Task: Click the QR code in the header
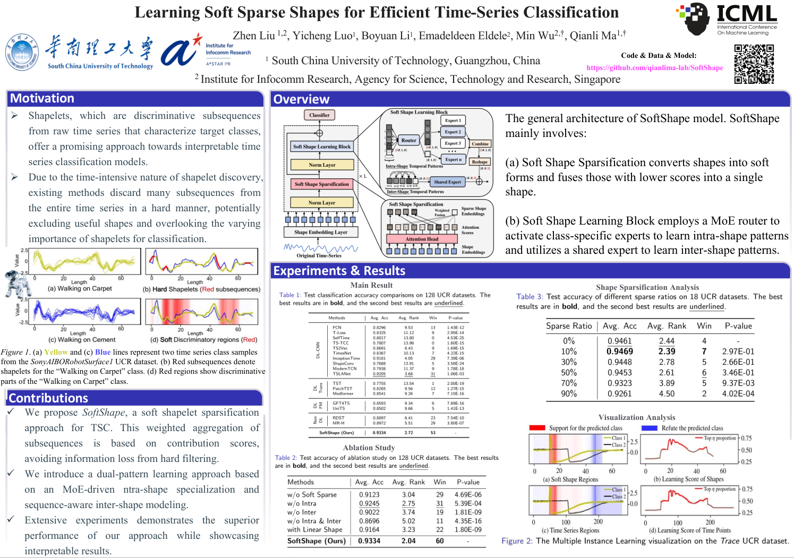click(x=754, y=64)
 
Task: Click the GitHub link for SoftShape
click(x=654, y=68)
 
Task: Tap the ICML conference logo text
click(x=746, y=14)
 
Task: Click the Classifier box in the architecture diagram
click(x=319, y=115)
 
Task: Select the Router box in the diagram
click(x=408, y=141)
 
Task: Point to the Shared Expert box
click(x=447, y=182)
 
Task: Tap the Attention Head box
click(x=422, y=239)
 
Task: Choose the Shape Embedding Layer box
click(x=321, y=232)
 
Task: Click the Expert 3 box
click(x=453, y=143)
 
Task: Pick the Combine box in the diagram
click(x=480, y=144)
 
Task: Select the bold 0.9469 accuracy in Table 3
click(x=620, y=351)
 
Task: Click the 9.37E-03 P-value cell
click(x=738, y=383)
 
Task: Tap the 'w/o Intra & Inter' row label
click(x=314, y=521)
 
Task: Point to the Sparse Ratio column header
click(x=569, y=326)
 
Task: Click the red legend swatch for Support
click(x=537, y=428)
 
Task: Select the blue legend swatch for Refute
click(x=649, y=428)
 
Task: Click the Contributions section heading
click(x=48, y=398)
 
